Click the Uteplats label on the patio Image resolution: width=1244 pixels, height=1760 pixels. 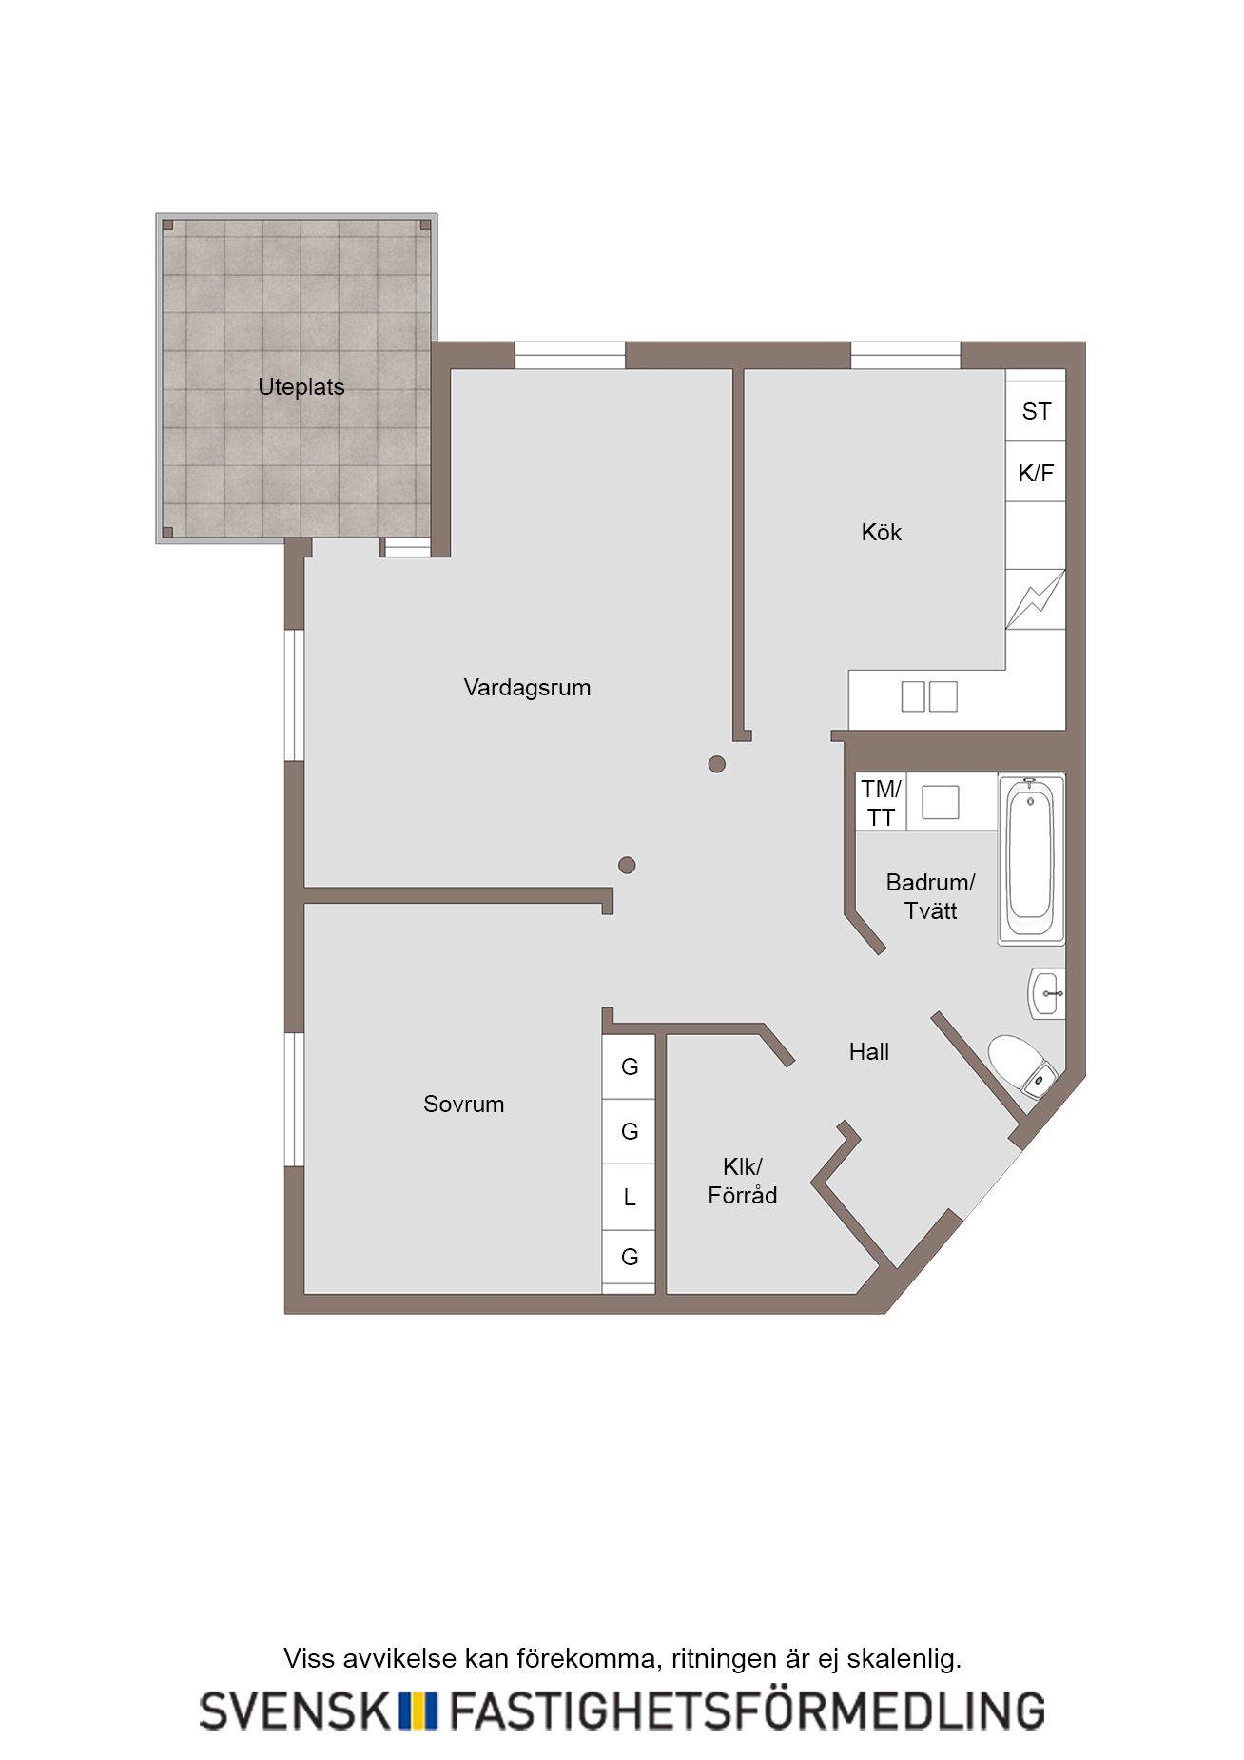pyautogui.click(x=301, y=387)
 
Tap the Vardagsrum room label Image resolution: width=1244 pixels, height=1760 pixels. pyautogui.click(x=527, y=688)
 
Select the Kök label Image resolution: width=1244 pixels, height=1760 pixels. pyautogui.click(x=881, y=532)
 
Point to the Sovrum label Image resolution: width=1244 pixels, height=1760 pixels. pyautogui.click(x=463, y=1104)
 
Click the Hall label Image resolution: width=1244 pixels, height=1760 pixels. pyautogui.click(x=869, y=1051)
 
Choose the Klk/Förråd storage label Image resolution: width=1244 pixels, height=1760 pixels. pyautogui.click(x=742, y=1181)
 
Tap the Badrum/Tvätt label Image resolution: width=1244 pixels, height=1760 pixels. pyautogui.click(x=930, y=896)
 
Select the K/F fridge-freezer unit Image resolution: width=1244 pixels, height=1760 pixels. pyautogui.click(x=1036, y=472)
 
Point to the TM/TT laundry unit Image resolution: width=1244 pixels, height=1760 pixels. pyautogui.click(x=881, y=802)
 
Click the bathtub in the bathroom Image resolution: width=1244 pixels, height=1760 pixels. pyautogui.click(x=1031, y=858)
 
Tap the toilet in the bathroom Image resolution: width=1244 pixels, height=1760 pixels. pyautogui.click(x=1022, y=1067)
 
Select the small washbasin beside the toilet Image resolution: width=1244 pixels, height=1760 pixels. pyautogui.click(x=1047, y=994)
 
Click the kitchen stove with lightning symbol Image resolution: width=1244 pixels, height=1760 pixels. pyautogui.click(x=1036, y=599)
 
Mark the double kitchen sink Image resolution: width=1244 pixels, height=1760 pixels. pyautogui.click(x=929, y=696)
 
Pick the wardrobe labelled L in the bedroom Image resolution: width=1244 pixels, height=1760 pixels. pyautogui.click(x=629, y=1197)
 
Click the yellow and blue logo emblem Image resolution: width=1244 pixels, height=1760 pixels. pyautogui.click(x=417, y=1710)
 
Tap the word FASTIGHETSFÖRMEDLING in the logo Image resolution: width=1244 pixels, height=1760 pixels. pyautogui.click(x=747, y=1710)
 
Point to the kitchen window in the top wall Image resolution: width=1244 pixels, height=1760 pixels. pyautogui.click(x=904, y=355)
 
